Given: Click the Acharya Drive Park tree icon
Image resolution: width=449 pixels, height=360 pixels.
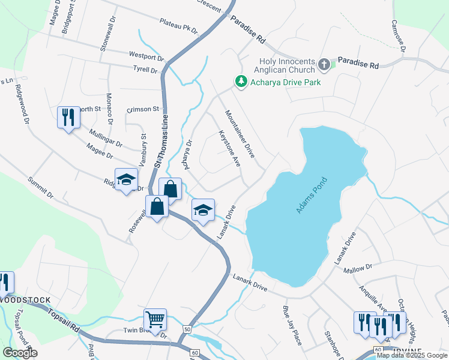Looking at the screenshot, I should click(x=241, y=82).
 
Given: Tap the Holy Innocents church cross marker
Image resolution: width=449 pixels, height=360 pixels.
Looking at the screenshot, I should click(x=324, y=64).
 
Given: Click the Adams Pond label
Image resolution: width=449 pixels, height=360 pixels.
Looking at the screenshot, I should click(x=311, y=196).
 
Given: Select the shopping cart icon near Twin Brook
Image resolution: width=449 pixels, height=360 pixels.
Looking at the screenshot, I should click(x=155, y=319).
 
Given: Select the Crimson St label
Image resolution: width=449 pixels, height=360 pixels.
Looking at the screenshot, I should click(x=142, y=110).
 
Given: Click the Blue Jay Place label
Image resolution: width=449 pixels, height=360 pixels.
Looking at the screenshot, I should click(x=292, y=325).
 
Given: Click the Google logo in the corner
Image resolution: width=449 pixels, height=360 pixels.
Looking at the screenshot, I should click(x=20, y=353).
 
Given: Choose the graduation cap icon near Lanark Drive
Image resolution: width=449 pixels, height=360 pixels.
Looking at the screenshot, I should click(x=203, y=210).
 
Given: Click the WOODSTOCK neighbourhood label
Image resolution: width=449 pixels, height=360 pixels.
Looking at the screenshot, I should click(x=23, y=299).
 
